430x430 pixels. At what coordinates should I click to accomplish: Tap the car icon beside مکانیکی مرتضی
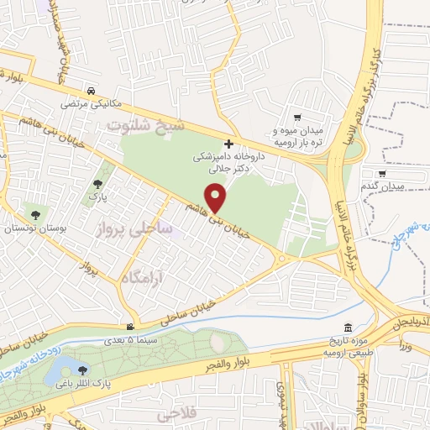coord(91,92)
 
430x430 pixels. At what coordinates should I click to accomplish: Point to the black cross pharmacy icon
coord(228,144)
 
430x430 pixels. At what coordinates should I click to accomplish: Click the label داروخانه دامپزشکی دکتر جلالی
coord(228,162)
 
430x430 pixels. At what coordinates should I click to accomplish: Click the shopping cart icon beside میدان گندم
coord(383,174)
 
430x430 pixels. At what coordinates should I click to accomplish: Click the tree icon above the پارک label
coord(99,184)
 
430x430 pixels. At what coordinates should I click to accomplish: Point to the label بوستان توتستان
coord(29,228)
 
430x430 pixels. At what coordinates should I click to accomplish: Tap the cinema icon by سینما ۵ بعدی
coord(129,327)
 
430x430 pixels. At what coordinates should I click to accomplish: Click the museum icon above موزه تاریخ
coord(349,328)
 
